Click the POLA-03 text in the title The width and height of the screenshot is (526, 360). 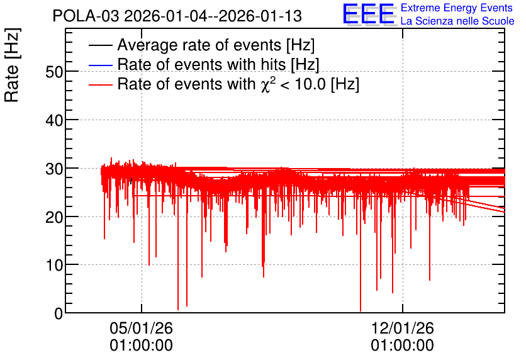click(86, 16)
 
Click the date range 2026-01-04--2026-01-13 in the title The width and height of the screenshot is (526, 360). click(213, 16)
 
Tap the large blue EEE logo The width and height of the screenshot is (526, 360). click(369, 14)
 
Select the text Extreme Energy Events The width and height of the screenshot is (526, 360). click(457, 8)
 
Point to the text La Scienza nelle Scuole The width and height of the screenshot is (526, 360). click(457, 21)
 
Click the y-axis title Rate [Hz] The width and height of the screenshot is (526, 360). click(12, 65)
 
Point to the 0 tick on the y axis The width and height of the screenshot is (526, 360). click(59, 313)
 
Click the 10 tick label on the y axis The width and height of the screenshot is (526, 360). click(54, 265)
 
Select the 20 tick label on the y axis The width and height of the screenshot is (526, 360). click(54, 217)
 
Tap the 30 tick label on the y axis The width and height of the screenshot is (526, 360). click(54, 169)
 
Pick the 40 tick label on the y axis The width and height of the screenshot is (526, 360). click(54, 120)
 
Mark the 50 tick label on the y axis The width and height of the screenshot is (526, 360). click(54, 72)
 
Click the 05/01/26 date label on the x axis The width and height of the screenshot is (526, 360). click(141, 328)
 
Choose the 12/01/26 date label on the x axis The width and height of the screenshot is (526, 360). click(402, 328)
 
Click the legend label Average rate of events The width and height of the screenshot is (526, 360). click(216, 45)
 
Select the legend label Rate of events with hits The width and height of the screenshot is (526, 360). click(218, 64)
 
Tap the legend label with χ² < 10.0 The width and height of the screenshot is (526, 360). click(238, 84)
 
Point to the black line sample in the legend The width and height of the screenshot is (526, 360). click(100, 45)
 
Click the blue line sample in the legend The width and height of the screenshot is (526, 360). click(100, 65)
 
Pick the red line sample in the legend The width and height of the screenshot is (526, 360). click(100, 84)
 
